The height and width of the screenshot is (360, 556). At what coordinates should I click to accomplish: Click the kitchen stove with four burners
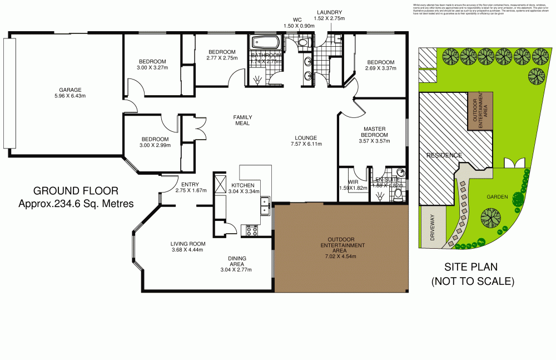click(250, 230)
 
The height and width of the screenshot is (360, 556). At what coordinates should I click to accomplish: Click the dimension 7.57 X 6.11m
click(306, 145)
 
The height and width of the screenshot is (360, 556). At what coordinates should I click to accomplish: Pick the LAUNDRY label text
click(329, 12)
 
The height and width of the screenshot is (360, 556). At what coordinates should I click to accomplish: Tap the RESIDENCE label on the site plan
click(444, 155)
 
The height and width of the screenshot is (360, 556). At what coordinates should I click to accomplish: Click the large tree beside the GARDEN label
click(490, 218)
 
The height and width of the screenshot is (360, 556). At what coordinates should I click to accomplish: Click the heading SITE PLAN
click(471, 268)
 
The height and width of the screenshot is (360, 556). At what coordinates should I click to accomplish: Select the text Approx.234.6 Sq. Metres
click(76, 204)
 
